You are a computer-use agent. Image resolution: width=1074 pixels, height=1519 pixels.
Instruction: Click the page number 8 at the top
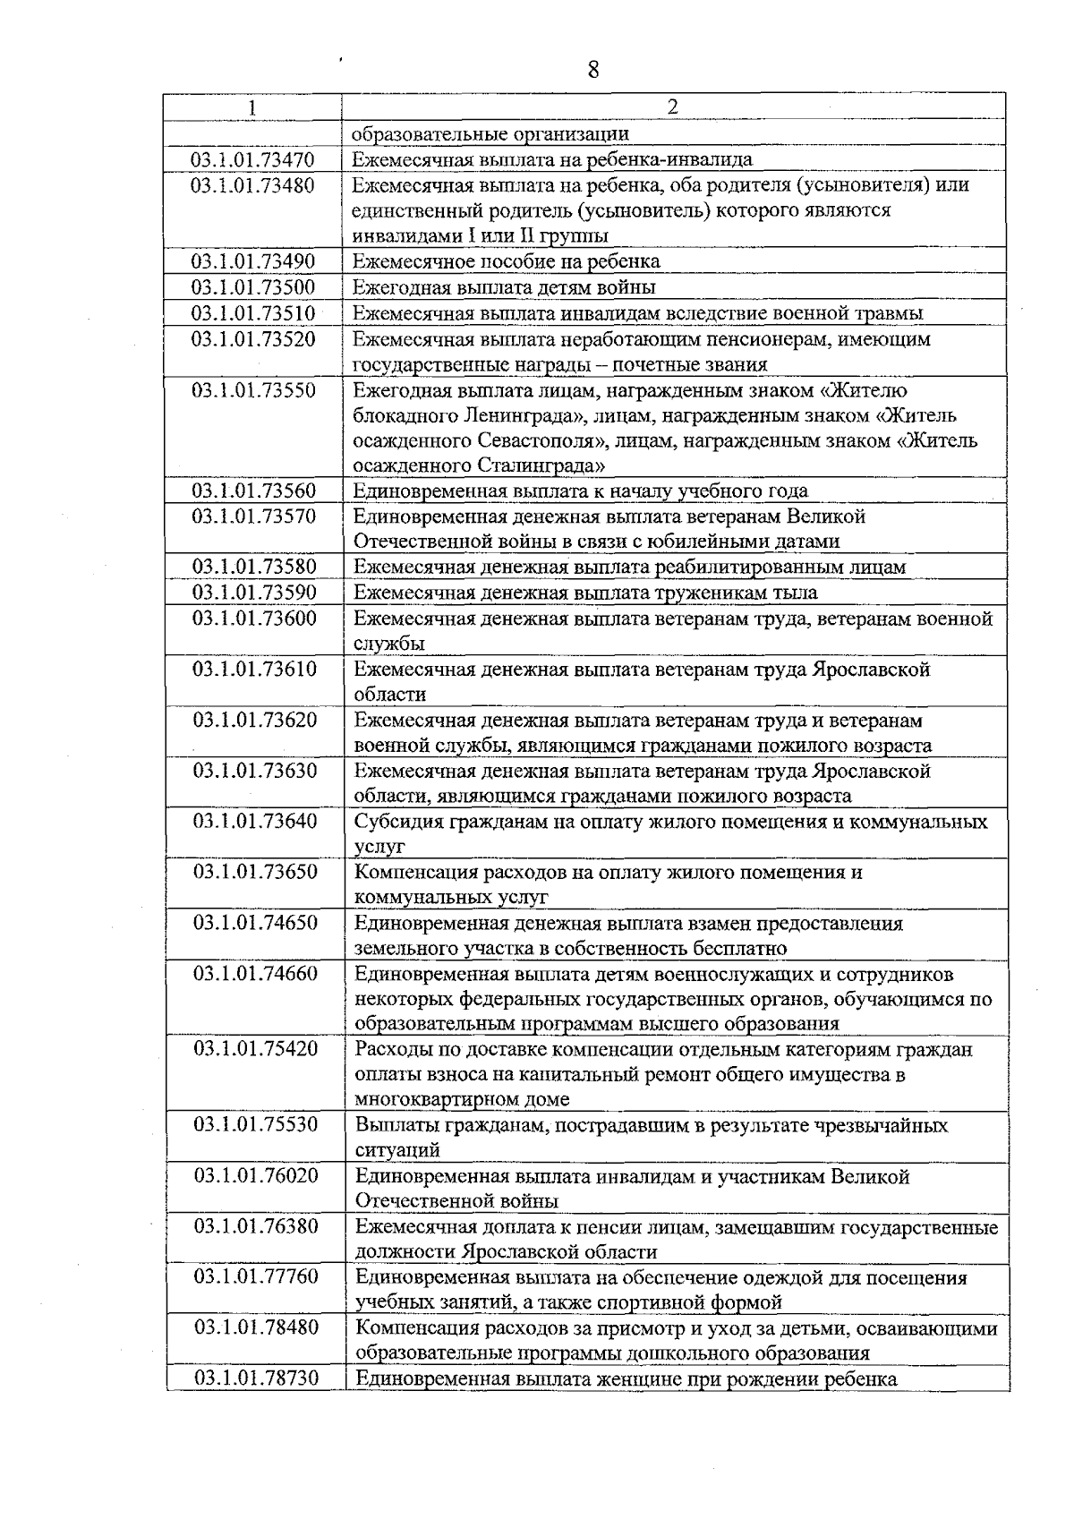click(592, 69)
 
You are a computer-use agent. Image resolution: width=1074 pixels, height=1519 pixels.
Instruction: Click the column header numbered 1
click(252, 107)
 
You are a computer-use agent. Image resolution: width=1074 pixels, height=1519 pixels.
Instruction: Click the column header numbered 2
click(673, 107)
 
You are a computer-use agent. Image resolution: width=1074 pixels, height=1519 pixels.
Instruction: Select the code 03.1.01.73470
click(253, 159)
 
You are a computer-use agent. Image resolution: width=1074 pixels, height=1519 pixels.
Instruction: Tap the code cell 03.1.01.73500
click(253, 287)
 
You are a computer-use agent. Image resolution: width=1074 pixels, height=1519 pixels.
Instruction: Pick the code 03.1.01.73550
click(254, 390)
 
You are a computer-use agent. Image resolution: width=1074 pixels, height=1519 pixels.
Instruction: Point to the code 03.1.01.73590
click(254, 593)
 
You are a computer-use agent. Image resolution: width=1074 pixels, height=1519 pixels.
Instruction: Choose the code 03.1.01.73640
click(255, 822)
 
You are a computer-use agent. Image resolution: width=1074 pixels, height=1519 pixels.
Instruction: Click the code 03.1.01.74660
click(255, 974)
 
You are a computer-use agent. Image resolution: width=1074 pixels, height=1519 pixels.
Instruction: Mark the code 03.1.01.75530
click(256, 1125)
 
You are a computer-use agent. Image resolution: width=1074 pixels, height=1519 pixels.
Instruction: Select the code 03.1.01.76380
click(256, 1226)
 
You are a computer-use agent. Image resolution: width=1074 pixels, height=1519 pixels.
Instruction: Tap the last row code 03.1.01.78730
click(257, 1378)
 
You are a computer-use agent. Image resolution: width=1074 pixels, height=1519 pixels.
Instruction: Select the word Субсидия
click(396, 822)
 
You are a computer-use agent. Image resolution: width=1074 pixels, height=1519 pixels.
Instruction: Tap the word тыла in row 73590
click(797, 593)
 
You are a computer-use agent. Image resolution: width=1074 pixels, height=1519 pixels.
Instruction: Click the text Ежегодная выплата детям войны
click(504, 287)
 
